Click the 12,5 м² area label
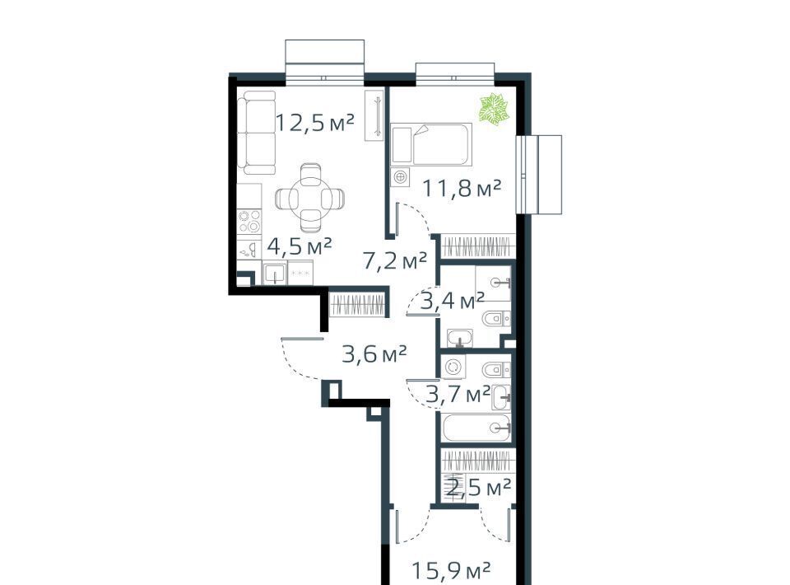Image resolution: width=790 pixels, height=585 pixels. (315, 123)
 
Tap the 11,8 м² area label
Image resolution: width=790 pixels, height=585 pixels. (462, 188)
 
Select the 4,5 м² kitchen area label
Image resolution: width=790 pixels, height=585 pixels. (300, 246)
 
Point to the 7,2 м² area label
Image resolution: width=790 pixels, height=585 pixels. (394, 260)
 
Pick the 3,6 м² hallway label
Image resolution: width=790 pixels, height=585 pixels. (374, 354)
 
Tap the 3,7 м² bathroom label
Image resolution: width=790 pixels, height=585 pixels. (458, 393)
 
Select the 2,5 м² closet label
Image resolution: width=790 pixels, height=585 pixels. (479, 488)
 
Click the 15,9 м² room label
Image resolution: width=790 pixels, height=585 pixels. (451, 571)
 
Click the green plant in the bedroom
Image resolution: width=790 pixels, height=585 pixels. (493, 109)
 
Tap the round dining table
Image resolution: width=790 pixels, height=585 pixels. (310, 198)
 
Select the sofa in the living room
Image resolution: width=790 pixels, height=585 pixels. (257, 133)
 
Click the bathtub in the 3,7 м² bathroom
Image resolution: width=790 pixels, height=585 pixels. (477, 428)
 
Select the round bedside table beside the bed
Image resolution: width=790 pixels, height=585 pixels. (400, 177)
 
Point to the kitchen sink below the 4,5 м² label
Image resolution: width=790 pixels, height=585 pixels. (275, 273)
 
